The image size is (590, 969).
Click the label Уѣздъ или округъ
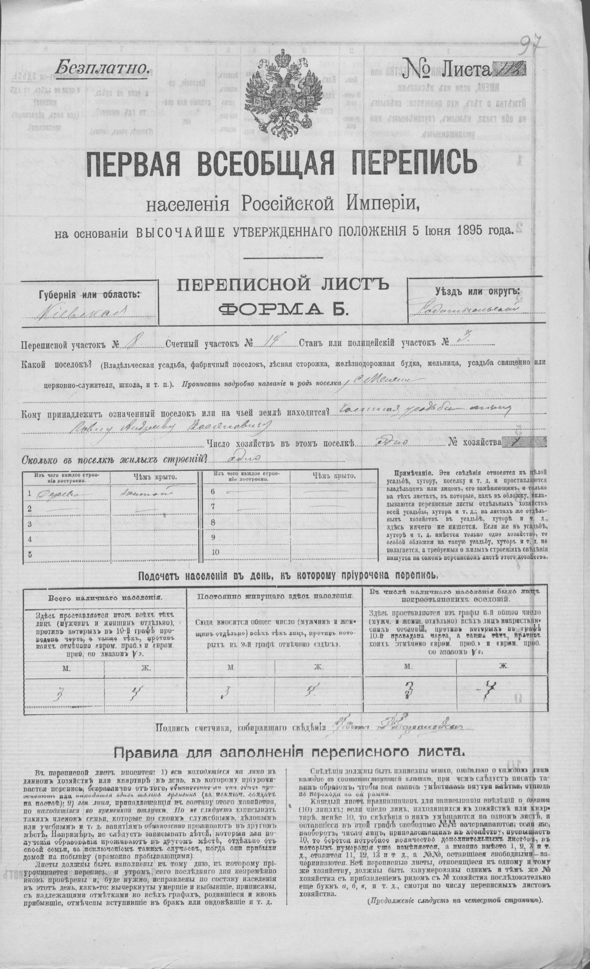[x=477, y=291]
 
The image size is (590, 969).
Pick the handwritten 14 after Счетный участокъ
[x=267, y=343]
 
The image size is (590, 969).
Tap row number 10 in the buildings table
[x=215, y=552]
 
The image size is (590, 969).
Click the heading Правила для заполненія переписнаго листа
[x=289, y=752]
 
